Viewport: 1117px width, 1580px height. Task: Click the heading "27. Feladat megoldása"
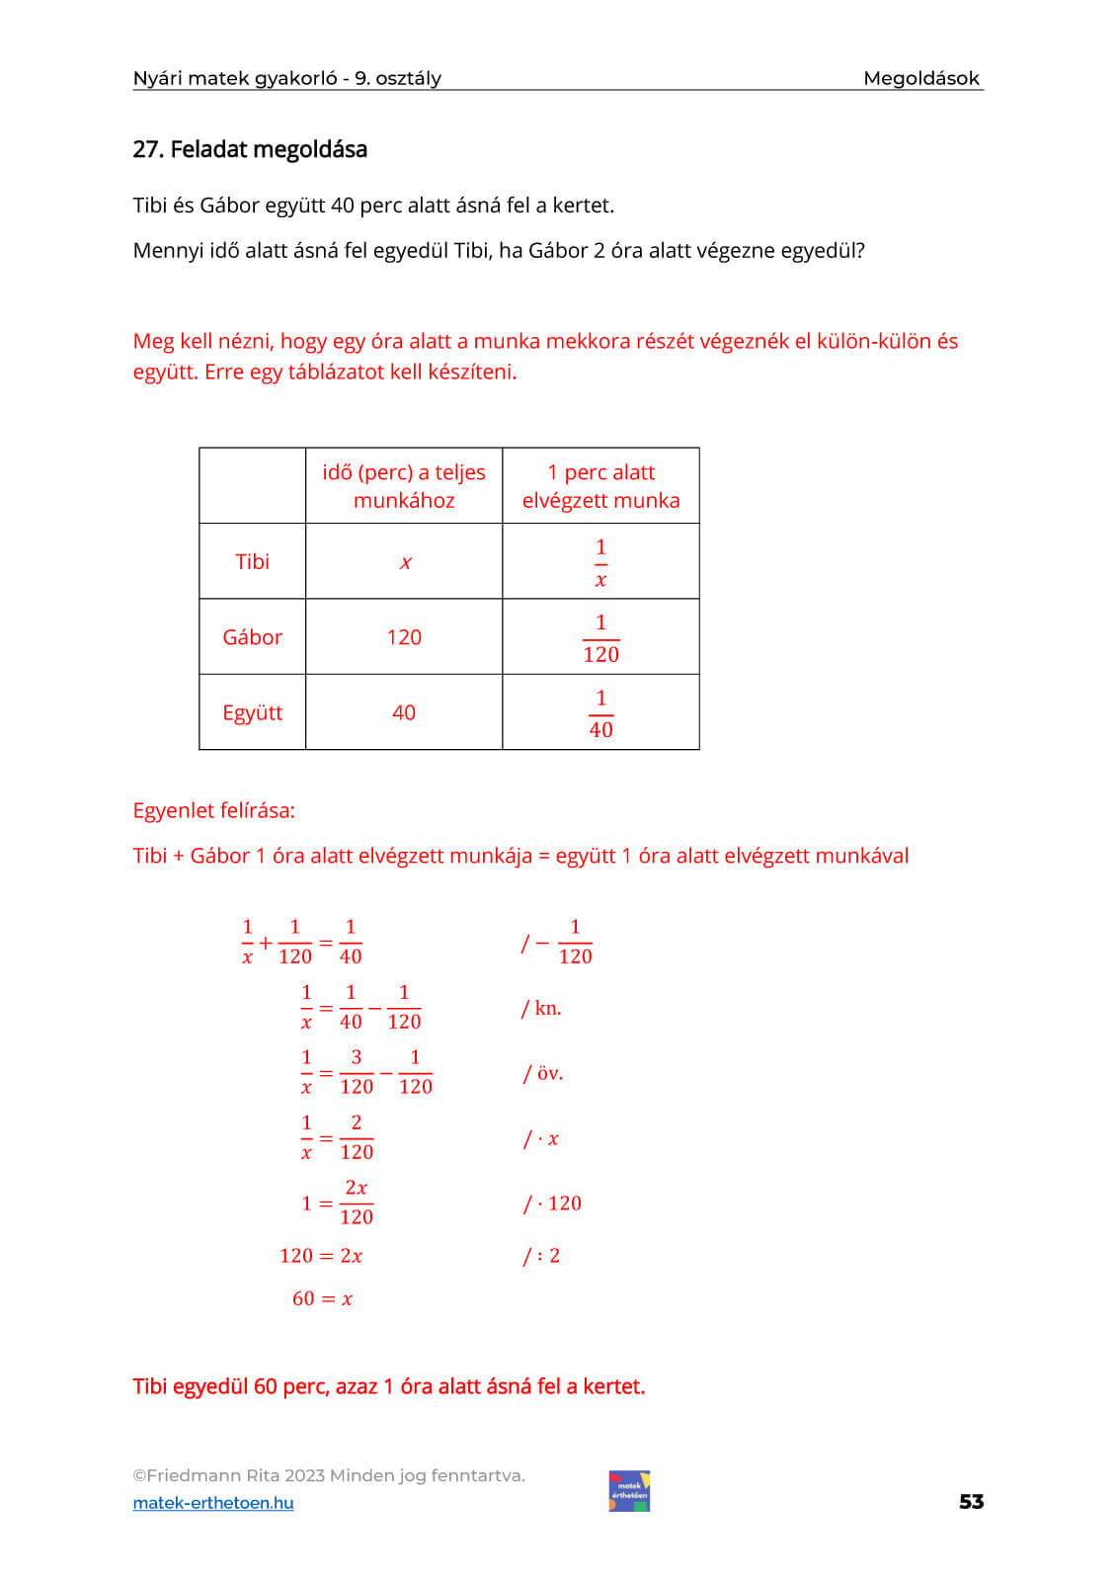click(x=250, y=149)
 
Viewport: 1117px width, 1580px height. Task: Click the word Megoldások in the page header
click(x=920, y=78)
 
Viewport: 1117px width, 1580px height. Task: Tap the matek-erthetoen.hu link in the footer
click(x=213, y=1503)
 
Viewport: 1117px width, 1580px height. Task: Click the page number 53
click(x=971, y=1502)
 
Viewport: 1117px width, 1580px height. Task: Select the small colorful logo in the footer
click(x=629, y=1491)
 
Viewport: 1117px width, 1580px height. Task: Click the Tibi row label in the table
click(x=252, y=561)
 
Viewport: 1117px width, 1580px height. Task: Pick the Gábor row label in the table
click(x=252, y=637)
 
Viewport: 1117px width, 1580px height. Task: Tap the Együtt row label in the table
click(x=252, y=712)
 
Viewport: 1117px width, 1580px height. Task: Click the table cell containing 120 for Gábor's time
click(x=404, y=637)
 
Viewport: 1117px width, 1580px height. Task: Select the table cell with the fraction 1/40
click(x=600, y=713)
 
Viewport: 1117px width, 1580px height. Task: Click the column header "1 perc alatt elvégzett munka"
click(x=600, y=486)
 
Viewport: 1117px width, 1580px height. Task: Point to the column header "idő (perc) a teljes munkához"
click(x=404, y=486)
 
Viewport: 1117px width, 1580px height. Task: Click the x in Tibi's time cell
click(x=405, y=562)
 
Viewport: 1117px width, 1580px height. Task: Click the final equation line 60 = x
click(x=322, y=1298)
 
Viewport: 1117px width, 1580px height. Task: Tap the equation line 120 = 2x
click(x=321, y=1256)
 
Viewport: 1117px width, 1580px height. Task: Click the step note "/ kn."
click(x=541, y=1008)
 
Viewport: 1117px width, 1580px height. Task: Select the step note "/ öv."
click(x=543, y=1073)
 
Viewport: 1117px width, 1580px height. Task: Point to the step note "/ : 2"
click(x=541, y=1256)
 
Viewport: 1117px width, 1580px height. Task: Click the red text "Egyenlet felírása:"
click(x=213, y=810)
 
